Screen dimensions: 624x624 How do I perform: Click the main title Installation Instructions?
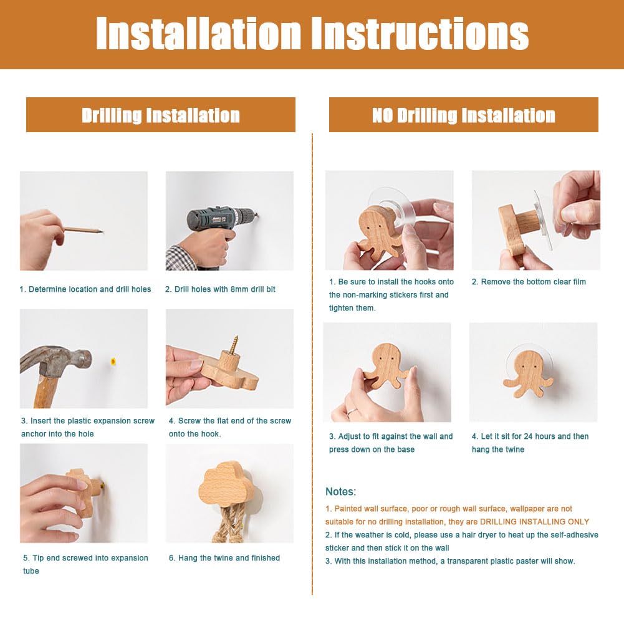click(x=312, y=34)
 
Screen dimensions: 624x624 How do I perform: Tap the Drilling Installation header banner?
click(x=161, y=115)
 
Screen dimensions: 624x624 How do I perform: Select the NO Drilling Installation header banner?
click(x=464, y=115)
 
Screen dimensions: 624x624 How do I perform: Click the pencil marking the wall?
click(x=83, y=229)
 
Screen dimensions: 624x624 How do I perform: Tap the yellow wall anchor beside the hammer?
click(x=113, y=362)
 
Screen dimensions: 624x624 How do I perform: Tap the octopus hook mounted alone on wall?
click(x=528, y=375)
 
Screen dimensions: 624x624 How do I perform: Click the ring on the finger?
click(x=350, y=412)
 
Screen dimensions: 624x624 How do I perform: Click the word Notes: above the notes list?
click(x=340, y=491)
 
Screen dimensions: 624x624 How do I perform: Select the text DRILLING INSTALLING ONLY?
click(x=534, y=522)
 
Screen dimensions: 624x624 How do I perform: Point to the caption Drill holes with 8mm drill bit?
click(x=220, y=289)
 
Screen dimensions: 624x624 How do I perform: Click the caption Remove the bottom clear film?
click(x=529, y=282)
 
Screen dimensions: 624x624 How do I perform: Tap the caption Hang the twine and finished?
click(x=224, y=558)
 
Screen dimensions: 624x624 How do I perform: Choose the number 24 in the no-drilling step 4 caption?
click(x=528, y=436)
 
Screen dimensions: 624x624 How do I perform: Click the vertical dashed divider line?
click(x=312, y=364)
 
